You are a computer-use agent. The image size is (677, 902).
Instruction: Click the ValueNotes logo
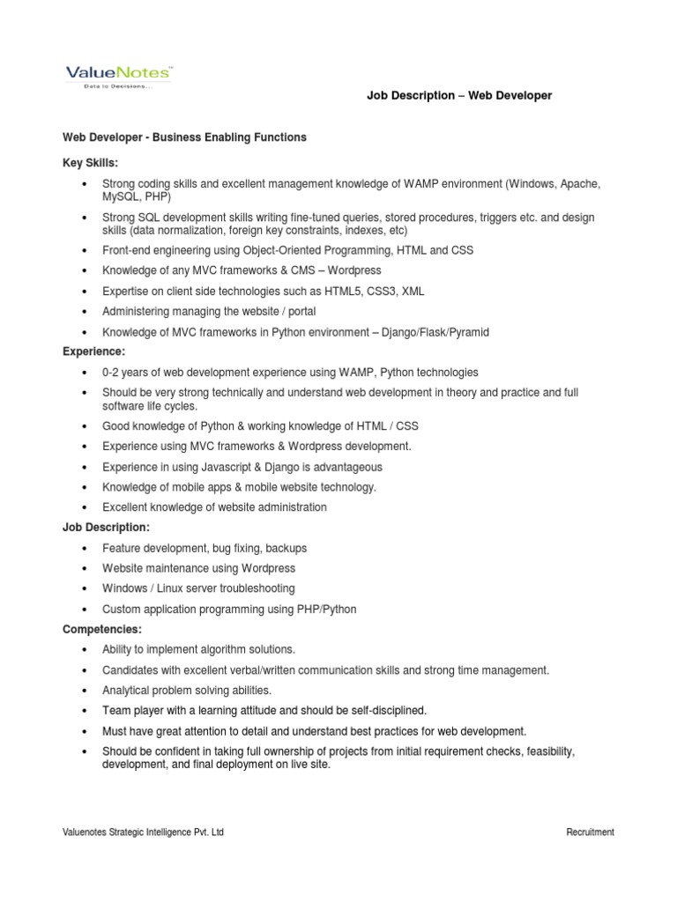point(118,75)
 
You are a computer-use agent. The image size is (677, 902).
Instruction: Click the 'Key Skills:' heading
point(90,164)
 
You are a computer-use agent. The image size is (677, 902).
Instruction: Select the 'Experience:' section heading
point(93,352)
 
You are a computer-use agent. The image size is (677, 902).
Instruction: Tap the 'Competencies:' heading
point(101,630)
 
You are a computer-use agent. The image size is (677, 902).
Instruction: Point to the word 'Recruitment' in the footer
point(590,832)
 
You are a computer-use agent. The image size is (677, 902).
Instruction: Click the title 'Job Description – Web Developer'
point(458,95)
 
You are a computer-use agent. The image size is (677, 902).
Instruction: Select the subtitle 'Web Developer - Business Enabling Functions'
point(184,137)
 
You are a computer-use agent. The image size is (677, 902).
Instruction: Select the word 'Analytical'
point(127,691)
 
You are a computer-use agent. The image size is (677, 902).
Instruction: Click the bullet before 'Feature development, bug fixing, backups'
point(84,549)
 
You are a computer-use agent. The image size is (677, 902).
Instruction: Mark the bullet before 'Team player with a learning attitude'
point(84,711)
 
